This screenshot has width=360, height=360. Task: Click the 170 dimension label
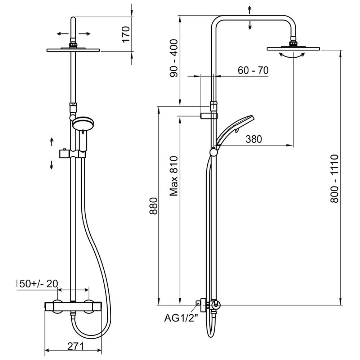126,34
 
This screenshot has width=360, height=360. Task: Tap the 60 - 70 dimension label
253,71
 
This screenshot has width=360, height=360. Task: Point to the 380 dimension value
254,139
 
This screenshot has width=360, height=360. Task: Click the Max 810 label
174,176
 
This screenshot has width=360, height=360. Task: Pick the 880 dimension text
154,206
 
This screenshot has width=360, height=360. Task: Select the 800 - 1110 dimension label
334,178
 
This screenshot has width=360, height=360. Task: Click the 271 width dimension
76,346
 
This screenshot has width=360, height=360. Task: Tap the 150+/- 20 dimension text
37,283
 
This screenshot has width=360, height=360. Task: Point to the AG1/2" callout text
181,318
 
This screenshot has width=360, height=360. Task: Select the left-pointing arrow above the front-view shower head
63,34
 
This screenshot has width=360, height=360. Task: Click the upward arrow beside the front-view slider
51,141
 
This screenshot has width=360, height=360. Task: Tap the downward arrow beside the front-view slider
51,165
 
